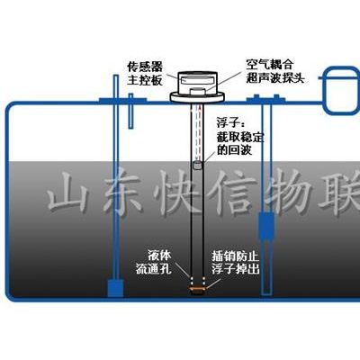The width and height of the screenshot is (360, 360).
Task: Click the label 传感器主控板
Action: (145, 74)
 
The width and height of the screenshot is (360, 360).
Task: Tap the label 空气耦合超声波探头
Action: (275, 71)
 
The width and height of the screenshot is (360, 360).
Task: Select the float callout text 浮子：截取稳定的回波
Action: (240, 137)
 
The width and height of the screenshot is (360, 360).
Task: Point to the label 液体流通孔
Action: (154, 262)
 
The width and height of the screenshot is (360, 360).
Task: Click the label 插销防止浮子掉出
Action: (235, 262)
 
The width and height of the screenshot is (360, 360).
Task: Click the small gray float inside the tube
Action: (197, 166)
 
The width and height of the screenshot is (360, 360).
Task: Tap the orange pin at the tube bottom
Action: (197, 288)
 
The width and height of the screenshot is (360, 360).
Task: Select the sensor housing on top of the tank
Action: (197, 84)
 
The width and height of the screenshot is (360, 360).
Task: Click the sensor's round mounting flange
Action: (197, 98)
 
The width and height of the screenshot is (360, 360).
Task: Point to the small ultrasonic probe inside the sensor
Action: (197, 91)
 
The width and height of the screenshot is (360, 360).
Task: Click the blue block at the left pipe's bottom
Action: (115, 288)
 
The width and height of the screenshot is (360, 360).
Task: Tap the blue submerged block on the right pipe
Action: (266, 227)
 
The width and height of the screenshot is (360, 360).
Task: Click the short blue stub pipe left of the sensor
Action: (130, 112)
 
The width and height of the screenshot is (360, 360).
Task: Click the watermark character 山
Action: (66, 192)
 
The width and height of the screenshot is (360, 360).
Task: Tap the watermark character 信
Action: (232, 192)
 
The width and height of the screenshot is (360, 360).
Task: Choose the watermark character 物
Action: (290, 192)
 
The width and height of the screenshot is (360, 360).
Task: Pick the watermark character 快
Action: (178, 192)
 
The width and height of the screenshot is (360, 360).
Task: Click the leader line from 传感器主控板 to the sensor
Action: (171, 76)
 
